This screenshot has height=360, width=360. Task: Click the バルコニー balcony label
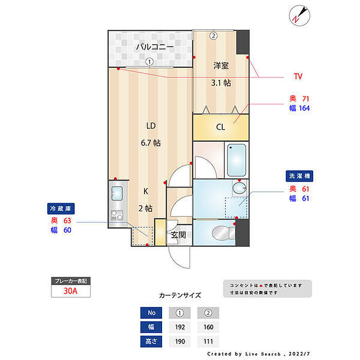coord(155,47)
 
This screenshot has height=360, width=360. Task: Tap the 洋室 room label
coord(221,65)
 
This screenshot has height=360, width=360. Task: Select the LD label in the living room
coord(151,125)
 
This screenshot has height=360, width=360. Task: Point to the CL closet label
coord(220,127)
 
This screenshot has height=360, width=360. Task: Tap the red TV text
coord(298,77)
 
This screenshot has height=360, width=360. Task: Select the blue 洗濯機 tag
coord(299,176)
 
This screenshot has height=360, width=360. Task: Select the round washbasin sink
coord(240,188)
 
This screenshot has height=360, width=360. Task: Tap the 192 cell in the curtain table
coord(180,327)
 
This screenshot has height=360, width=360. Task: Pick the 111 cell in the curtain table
coord(208,341)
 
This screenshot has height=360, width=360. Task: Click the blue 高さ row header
coord(151,341)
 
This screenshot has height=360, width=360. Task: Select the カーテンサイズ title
coord(180,296)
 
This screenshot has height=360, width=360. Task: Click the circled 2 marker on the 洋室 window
coord(213,35)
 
